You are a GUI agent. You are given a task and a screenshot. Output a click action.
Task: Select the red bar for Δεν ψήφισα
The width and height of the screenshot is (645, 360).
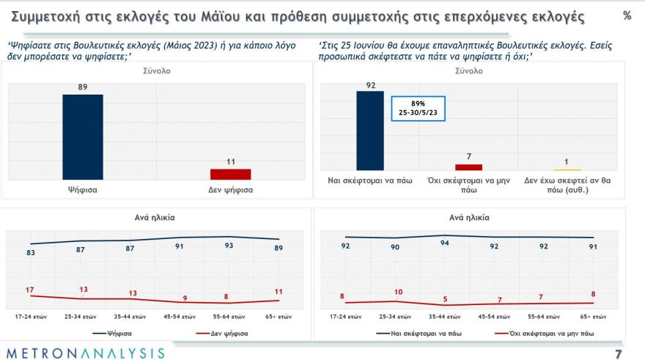[x=230, y=174]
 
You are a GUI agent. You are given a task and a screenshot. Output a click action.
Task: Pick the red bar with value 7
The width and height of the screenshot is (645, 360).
[x=470, y=166]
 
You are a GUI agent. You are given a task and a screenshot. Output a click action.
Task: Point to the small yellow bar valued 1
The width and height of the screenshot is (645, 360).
[x=567, y=169]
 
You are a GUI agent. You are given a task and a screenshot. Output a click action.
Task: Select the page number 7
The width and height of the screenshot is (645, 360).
[x=627, y=354]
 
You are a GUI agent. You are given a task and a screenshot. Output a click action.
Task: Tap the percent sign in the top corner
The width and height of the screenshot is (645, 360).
[x=627, y=15]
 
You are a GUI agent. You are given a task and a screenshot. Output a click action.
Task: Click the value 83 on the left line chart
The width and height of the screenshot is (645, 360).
[x=32, y=253]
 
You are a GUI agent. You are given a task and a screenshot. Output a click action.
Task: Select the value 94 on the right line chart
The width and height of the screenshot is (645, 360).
[x=444, y=245]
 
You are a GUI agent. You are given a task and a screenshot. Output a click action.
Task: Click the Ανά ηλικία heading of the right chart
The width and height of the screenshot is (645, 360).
[x=468, y=218]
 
